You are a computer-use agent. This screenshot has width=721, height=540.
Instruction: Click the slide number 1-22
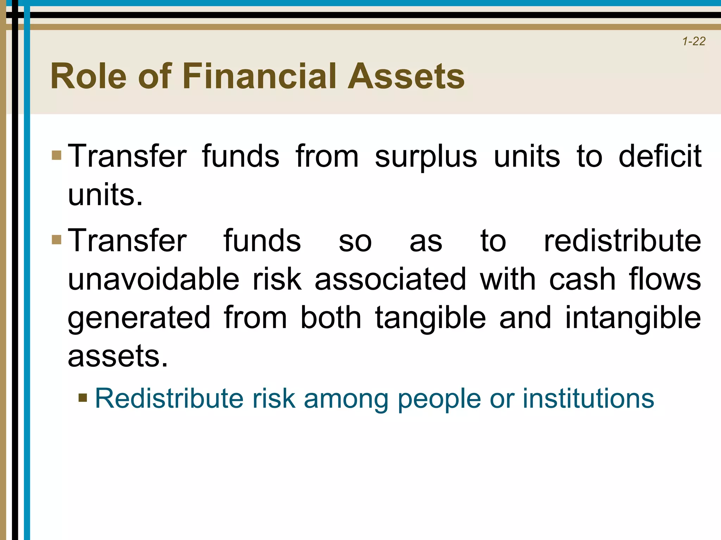[x=694, y=41]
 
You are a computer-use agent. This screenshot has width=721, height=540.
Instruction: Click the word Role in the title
[x=88, y=76]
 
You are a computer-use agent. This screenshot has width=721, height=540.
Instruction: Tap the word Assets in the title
[x=406, y=76]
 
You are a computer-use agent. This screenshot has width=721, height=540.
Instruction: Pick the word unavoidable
[x=153, y=279]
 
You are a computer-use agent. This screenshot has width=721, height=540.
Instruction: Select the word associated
[x=390, y=279]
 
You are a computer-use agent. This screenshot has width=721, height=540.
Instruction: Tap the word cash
[x=582, y=279]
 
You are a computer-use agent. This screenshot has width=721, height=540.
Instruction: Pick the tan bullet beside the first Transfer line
[x=56, y=155]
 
